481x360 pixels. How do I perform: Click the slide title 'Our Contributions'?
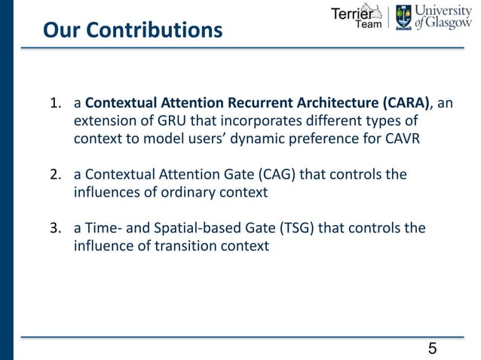[x=133, y=31]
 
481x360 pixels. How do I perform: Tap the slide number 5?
[x=432, y=348]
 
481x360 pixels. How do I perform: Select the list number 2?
[x=55, y=175]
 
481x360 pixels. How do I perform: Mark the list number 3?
[x=55, y=228]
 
